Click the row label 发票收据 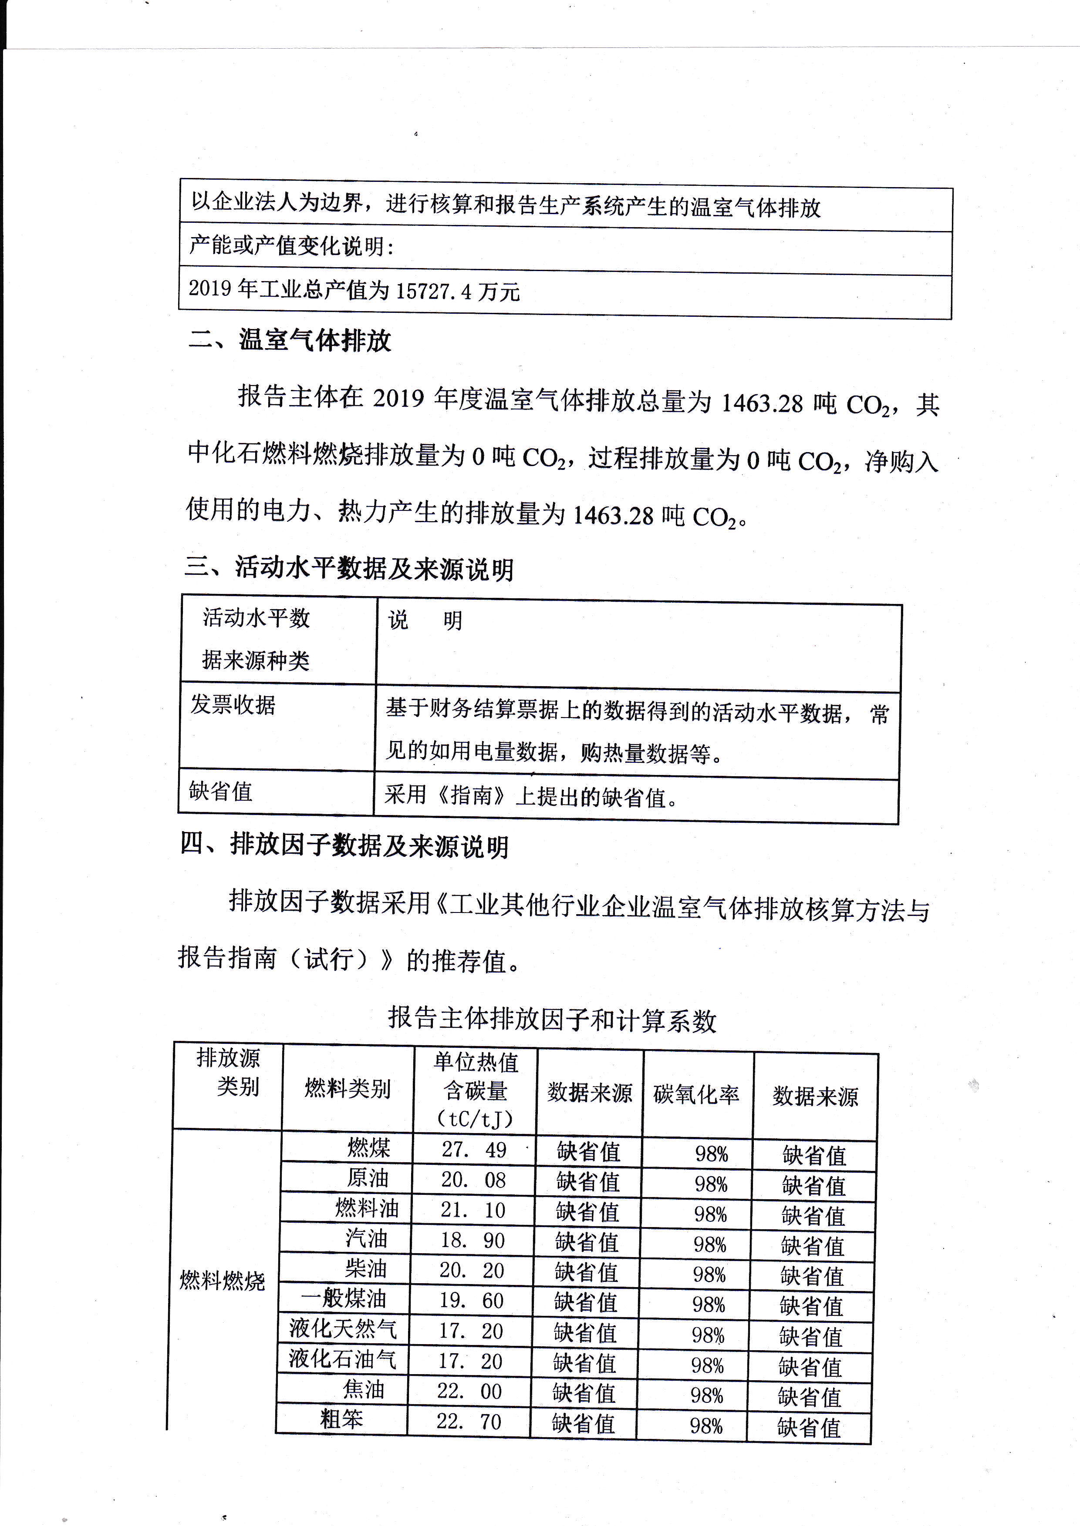click(x=233, y=704)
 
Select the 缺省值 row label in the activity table click(x=221, y=791)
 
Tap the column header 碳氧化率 click(x=696, y=1094)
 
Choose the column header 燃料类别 click(x=347, y=1089)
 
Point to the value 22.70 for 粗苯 click(x=469, y=1422)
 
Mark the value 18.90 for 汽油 click(x=472, y=1240)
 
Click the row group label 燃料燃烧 click(x=222, y=1281)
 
